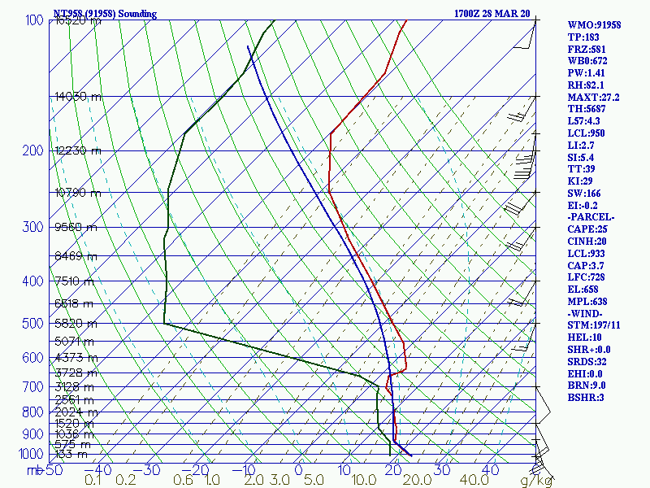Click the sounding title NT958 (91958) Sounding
pyautogui.click(x=99, y=14)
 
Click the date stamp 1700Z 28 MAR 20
pyautogui.click(x=492, y=14)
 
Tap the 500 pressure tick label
pyautogui.click(x=33, y=324)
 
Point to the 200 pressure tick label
pyautogui.click(x=33, y=150)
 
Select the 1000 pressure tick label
pyautogui.click(x=31, y=454)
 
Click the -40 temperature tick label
pyautogui.click(x=99, y=469)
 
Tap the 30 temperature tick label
pyautogui.click(x=444, y=469)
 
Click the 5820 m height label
pyautogui.click(x=74, y=324)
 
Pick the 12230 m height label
pyautogui.click(x=78, y=150)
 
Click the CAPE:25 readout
pyautogui.click(x=586, y=229)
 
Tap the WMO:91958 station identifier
pyautogui.click(x=594, y=25)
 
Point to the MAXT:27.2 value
pyautogui.click(x=593, y=97)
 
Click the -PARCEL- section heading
pyautogui.click(x=591, y=217)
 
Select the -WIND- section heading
pyautogui.click(x=587, y=313)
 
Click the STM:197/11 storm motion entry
pyautogui.click(x=594, y=325)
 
